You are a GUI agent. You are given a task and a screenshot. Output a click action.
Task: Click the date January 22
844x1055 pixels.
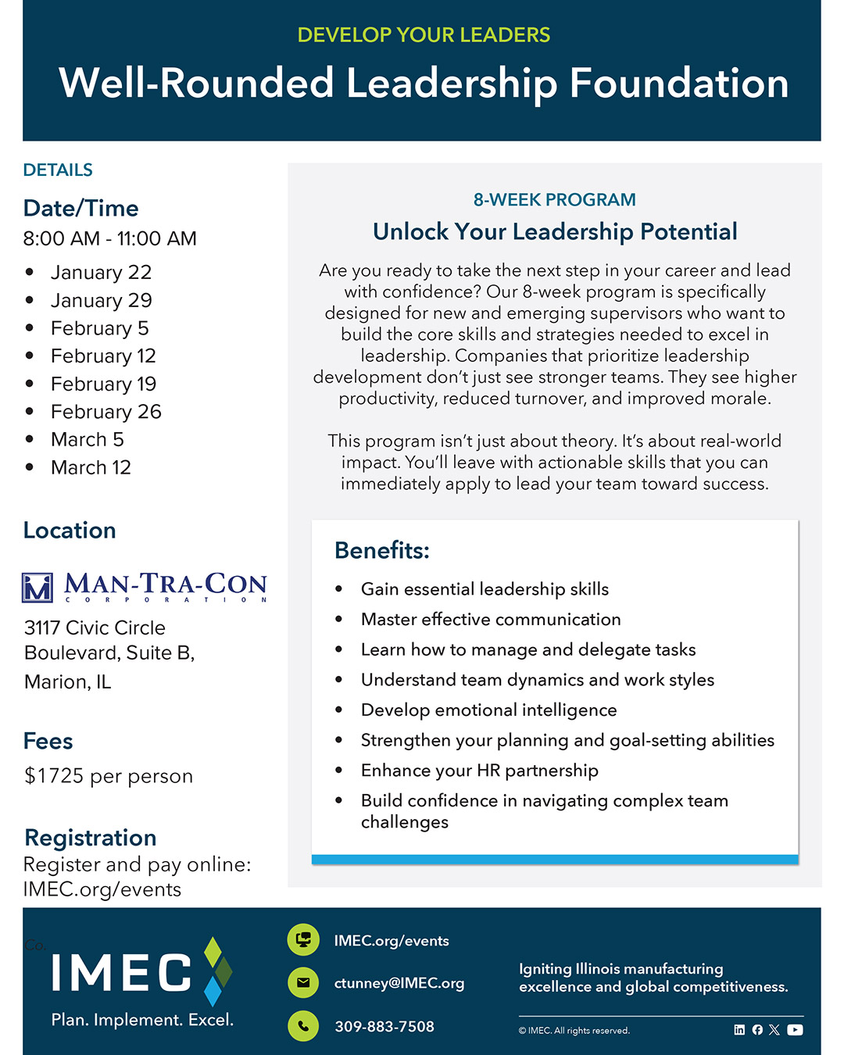point(101,273)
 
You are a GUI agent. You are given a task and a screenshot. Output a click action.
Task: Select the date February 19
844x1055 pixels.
point(103,384)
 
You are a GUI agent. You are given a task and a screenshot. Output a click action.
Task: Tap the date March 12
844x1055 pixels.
point(91,468)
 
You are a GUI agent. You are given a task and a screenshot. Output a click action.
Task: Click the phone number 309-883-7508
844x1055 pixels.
point(384,1027)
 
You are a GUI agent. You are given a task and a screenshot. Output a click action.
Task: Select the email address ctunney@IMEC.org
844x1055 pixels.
point(399,983)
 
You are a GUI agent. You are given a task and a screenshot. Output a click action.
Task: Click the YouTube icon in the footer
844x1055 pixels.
point(795,1030)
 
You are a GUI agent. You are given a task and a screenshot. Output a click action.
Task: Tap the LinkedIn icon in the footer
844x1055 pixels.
point(739,1030)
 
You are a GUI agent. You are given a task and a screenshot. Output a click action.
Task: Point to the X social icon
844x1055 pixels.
point(774,1030)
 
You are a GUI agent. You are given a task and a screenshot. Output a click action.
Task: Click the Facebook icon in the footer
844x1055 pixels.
point(757,1030)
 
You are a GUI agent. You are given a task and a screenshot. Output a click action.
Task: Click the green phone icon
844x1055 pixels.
point(303,1026)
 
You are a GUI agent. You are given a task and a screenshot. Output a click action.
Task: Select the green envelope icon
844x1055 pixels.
point(303,983)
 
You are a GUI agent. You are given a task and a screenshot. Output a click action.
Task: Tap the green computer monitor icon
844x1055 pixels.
point(303,939)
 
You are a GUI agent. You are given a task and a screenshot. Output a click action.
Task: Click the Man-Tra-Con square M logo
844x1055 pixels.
point(38,588)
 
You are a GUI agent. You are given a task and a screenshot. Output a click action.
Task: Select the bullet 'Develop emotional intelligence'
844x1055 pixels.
point(488,710)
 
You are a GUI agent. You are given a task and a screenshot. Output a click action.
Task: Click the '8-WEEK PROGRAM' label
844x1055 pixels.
point(554,200)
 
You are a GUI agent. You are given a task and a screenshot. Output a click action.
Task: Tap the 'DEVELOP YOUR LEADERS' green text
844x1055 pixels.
point(424,35)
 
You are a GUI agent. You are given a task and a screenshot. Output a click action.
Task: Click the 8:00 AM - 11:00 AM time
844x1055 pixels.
point(109,239)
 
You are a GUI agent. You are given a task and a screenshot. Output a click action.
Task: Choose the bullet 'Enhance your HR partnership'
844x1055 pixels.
point(479,771)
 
